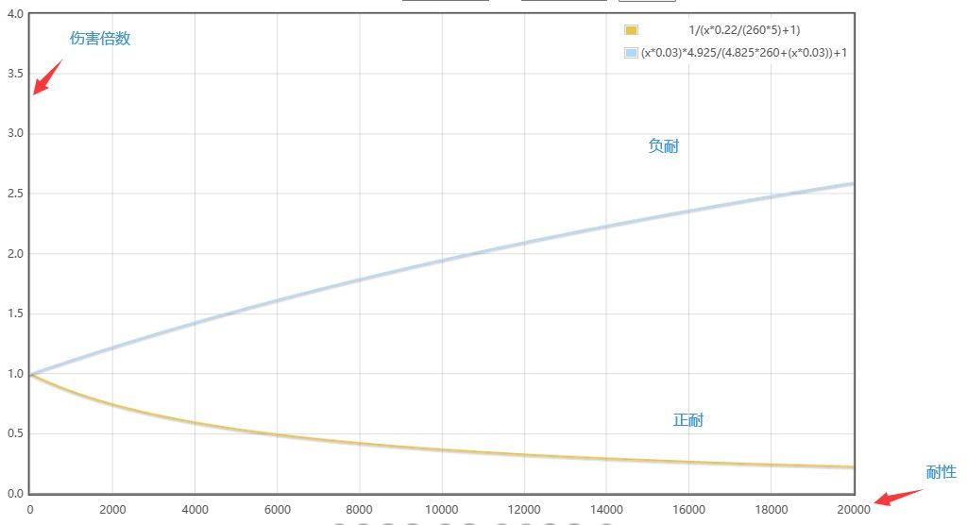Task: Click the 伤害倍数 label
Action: tap(100, 39)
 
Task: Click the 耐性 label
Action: tap(941, 472)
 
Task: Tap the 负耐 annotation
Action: tap(663, 146)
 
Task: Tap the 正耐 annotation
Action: tap(687, 420)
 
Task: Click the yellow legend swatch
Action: tap(631, 30)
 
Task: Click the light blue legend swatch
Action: tap(631, 53)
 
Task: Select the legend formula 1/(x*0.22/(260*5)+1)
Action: tap(744, 30)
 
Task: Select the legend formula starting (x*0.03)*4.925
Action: tap(743, 53)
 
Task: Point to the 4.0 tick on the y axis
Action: tap(15, 13)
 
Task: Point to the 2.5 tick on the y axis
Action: tap(15, 194)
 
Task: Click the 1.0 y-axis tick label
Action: tap(15, 374)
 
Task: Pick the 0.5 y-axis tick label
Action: tap(15, 434)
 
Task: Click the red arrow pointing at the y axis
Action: tap(47, 77)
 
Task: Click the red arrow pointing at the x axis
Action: tap(897, 497)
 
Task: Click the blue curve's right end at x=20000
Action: tap(853, 183)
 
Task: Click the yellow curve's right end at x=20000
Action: tap(853, 467)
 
